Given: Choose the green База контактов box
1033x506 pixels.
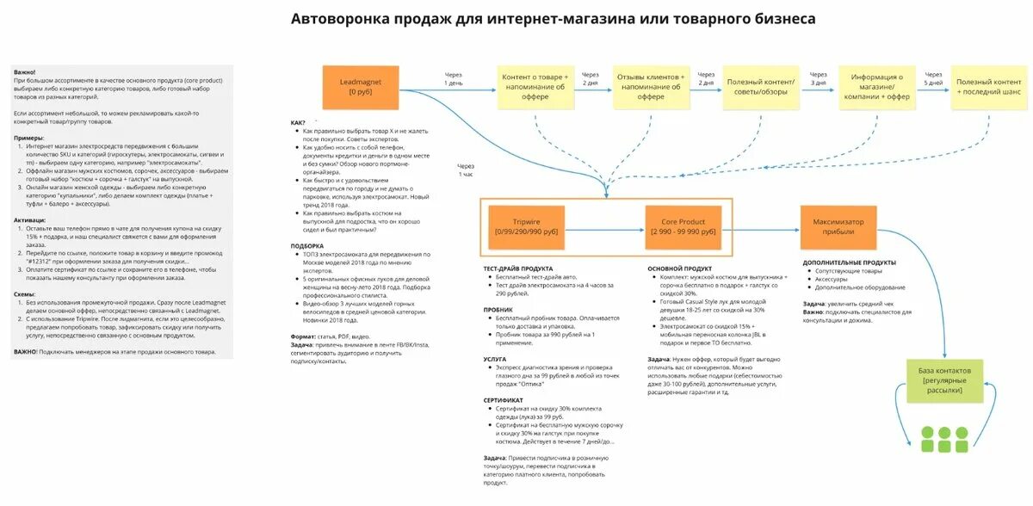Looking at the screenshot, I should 943,379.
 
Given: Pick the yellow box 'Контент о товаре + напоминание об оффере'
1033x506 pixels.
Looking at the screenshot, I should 535,86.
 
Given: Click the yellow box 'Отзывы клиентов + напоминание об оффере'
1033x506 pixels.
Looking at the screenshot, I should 651,86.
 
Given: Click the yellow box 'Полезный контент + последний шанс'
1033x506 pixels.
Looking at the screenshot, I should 988,86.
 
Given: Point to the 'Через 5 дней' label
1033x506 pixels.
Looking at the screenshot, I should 934,79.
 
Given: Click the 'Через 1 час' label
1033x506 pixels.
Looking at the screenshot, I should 466,169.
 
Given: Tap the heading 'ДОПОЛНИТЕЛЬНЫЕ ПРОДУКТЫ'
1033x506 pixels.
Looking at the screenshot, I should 849,262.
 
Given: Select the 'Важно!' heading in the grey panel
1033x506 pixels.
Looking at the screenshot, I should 25,72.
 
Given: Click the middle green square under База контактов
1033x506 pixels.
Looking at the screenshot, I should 943,435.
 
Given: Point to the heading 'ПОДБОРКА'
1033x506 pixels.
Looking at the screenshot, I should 307,246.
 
